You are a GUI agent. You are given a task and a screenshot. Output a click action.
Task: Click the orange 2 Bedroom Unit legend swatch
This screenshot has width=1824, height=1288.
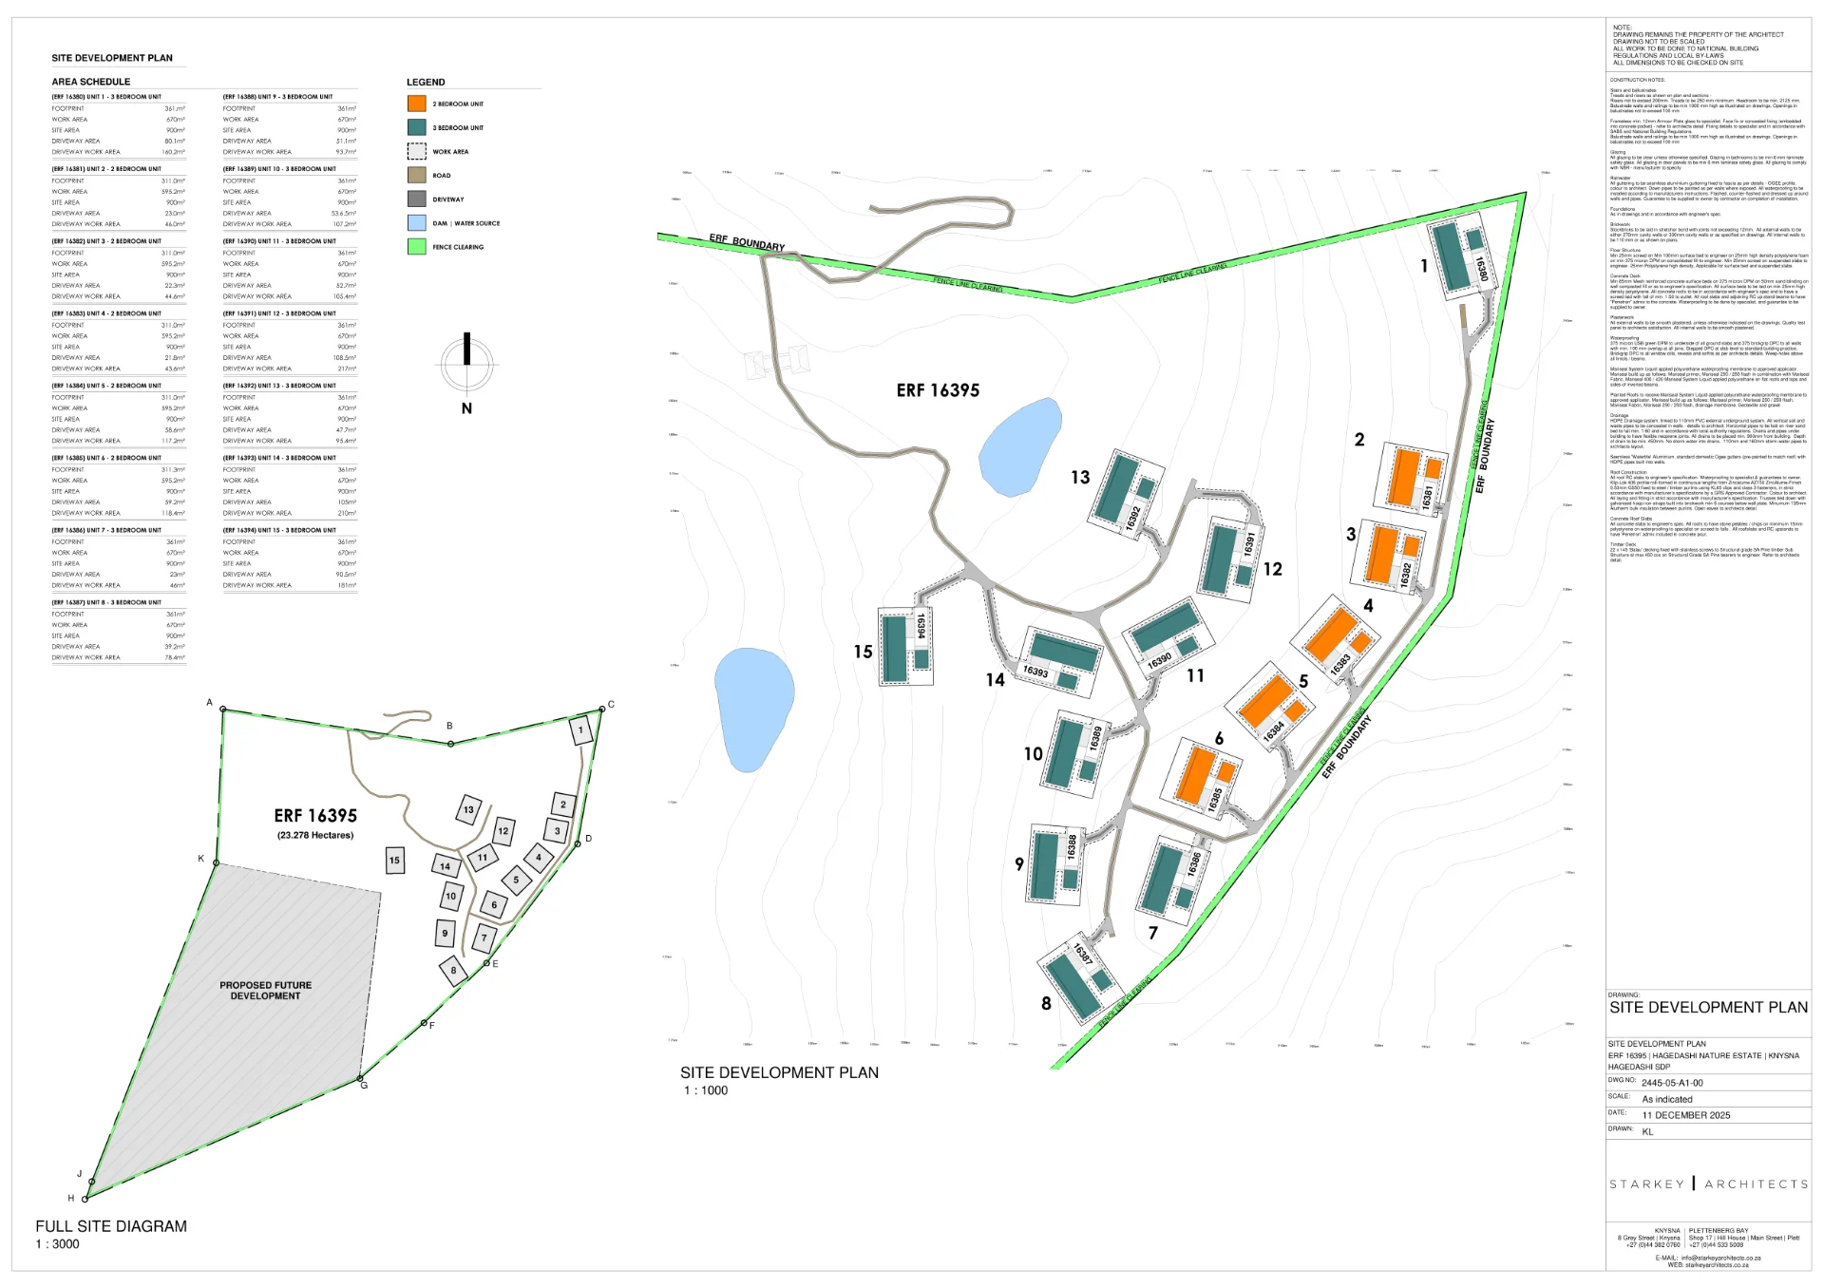coord(416,104)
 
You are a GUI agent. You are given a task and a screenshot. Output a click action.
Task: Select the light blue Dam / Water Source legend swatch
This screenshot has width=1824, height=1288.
coord(416,223)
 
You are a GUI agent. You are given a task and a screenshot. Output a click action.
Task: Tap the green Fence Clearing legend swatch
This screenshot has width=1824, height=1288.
coord(416,247)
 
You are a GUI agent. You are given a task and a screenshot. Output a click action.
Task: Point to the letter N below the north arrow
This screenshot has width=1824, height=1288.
coord(466,408)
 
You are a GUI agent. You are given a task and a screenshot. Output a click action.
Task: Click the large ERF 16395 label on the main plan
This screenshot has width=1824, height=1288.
coord(938,390)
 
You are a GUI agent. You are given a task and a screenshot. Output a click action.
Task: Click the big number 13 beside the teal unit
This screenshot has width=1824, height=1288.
coord(1080,478)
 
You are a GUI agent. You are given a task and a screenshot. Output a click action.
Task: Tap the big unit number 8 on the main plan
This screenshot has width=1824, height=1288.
coord(1046,1003)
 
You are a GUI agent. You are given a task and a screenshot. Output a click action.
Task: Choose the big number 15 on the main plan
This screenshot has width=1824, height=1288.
coord(863,652)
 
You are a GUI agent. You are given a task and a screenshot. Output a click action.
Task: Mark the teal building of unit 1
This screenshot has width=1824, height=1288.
coord(1451,255)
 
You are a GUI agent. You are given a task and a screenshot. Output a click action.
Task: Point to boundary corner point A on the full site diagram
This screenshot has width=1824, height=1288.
coord(223,709)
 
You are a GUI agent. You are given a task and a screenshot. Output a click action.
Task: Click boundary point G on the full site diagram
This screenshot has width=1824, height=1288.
coord(360,1079)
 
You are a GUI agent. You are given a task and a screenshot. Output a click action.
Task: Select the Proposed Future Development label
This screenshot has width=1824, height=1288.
coord(265,991)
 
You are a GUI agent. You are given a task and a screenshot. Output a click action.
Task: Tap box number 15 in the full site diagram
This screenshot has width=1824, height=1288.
coord(394,861)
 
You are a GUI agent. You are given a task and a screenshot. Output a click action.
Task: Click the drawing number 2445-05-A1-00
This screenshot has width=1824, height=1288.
coord(1672,1083)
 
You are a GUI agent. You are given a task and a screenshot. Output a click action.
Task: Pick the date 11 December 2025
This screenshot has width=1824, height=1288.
coord(1686,1115)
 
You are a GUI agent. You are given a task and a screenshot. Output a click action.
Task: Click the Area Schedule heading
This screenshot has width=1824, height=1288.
coord(91,82)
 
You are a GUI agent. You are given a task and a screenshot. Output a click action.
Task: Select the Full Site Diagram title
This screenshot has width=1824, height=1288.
coord(111,1226)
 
